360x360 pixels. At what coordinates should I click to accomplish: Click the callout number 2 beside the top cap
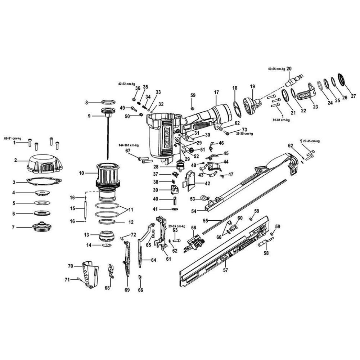15,161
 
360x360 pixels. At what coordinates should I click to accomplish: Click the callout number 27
353,96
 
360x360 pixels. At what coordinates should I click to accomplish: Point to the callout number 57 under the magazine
225,270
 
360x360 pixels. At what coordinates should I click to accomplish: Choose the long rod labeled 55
245,205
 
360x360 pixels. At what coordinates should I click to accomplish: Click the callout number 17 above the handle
216,93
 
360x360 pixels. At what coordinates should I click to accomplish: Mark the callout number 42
207,183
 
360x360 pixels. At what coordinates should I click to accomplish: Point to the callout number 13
86,235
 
